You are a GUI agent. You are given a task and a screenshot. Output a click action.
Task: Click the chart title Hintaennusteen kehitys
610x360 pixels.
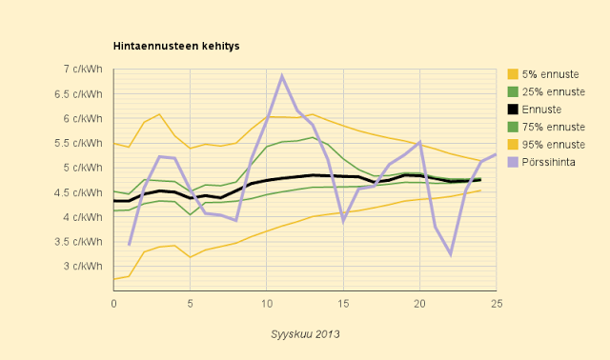tap(176, 46)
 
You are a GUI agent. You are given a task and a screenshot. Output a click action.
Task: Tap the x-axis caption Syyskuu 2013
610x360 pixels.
tap(305, 334)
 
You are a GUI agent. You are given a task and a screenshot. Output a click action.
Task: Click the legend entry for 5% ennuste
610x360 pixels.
tap(543, 74)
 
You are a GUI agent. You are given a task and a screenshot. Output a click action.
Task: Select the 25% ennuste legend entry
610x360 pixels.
tap(546, 91)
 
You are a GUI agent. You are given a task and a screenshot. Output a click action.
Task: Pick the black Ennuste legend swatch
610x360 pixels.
tap(513, 110)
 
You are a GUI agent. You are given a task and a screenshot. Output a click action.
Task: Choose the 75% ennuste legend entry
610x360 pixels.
tap(546, 127)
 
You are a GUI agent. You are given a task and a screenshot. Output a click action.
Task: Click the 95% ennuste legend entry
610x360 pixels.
tap(546, 145)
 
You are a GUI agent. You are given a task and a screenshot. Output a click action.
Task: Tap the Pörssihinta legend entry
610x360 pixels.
tap(541, 162)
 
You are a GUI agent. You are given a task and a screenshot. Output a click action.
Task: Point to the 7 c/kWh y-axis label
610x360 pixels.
tap(83, 70)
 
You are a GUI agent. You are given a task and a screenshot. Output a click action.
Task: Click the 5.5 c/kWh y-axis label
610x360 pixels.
tap(78, 143)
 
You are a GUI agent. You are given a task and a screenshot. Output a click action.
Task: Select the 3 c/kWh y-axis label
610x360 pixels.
tap(83, 267)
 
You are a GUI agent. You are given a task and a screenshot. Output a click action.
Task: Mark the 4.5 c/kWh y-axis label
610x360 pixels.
tap(78, 192)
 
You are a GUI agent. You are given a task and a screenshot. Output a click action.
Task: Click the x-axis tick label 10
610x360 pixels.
tap(267, 304)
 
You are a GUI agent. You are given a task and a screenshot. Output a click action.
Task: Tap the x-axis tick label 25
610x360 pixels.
tap(497, 304)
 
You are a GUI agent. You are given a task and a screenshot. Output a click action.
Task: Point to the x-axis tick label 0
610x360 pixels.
tap(113, 304)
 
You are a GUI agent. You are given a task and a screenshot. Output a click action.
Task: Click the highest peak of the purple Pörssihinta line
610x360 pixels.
tap(282, 75)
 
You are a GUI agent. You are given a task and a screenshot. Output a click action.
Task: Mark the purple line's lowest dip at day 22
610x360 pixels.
tap(451, 254)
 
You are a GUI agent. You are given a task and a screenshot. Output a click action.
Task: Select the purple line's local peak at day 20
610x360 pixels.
tap(419, 142)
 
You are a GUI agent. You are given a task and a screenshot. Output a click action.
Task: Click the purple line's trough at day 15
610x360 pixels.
tap(343, 221)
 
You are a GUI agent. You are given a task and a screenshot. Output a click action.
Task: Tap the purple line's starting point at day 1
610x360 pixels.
tap(130, 245)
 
